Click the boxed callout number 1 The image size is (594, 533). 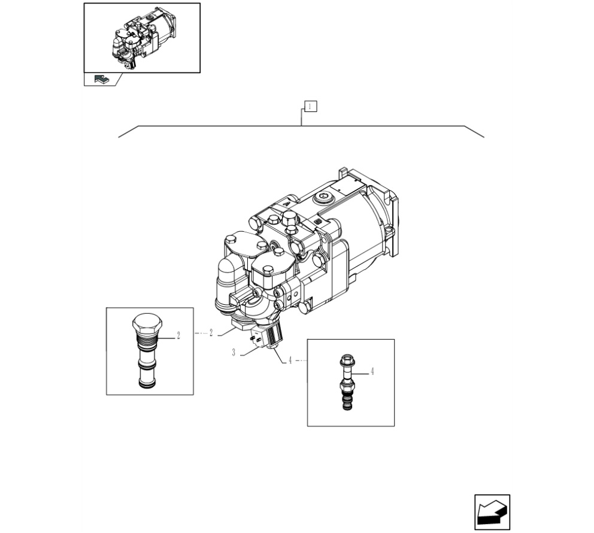(310, 107)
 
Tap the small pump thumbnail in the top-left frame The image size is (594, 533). (143, 38)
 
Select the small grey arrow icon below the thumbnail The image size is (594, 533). (101, 79)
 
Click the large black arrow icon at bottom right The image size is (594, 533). (492, 512)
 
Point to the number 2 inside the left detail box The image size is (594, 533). (178, 335)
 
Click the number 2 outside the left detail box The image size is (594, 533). (211, 333)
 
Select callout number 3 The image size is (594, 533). (234, 353)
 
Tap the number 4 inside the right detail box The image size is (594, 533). (372, 371)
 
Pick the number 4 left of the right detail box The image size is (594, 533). (290, 361)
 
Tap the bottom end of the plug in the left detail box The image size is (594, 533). (147, 384)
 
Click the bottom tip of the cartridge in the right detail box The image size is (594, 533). (347, 407)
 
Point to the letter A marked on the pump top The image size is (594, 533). (287, 204)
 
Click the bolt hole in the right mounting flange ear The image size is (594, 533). (387, 231)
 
